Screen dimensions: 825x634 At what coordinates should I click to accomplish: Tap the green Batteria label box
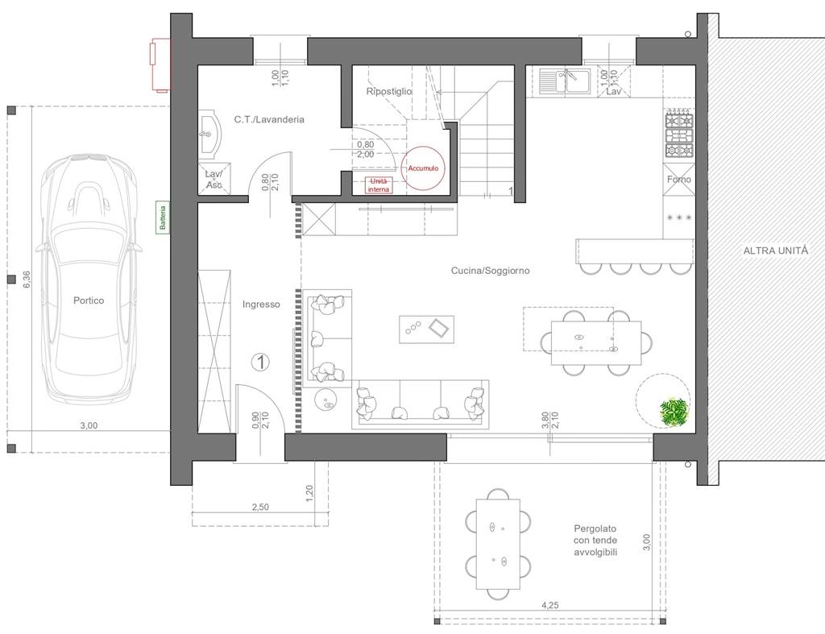pos(163,217)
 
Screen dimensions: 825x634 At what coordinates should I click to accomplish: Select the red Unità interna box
pos(379,185)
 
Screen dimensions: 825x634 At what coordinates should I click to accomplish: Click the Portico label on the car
pos(89,300)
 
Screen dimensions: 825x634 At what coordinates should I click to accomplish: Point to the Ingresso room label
pos(261,304)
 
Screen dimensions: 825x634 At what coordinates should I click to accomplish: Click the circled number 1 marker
pos(260,362)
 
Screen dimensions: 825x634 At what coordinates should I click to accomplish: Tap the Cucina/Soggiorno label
pos(491,271)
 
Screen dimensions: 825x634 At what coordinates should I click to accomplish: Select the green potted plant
pos(674,412)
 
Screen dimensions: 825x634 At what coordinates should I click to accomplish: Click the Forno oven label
pos(678,180)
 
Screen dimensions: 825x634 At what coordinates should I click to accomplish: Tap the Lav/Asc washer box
pos(214,179)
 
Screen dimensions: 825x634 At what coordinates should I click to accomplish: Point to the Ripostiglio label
pos(389,92)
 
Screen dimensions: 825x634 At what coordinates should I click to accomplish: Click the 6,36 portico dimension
pos(27,280)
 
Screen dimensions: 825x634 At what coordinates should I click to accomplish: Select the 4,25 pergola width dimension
pos(549,605)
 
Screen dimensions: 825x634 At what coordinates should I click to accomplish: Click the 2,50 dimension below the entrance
pos(260,508)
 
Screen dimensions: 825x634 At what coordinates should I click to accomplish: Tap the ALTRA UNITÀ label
pos(776,251)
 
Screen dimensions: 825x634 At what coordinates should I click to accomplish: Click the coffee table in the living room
pos(427,329)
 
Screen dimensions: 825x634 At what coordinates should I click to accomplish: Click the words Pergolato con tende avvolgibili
pos(595,541)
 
